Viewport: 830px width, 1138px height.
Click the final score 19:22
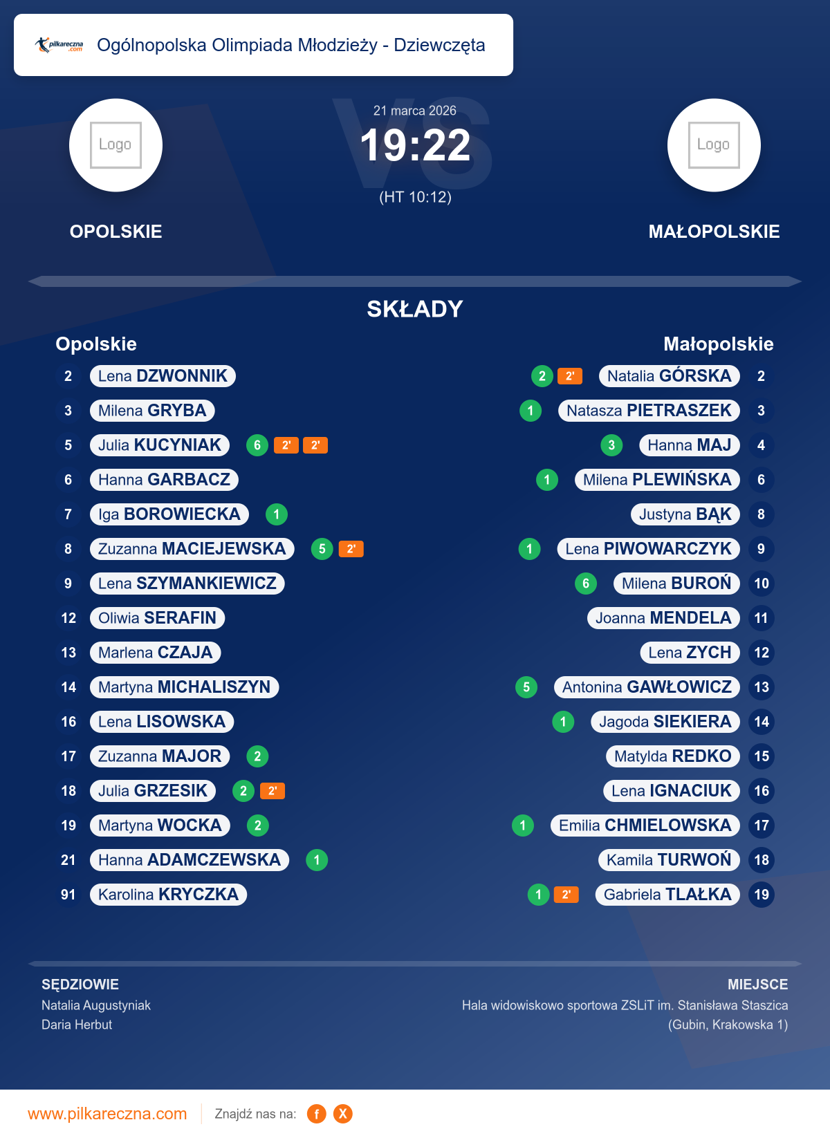415,146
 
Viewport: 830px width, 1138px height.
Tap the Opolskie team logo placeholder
116,145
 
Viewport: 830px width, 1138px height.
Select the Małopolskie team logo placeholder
714,145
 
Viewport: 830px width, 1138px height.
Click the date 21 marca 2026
415,111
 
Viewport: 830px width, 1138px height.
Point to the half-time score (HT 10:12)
415,197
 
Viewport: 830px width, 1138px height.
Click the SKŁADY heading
415,309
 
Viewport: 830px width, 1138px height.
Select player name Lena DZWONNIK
163,376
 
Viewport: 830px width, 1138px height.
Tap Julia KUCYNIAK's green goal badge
257,445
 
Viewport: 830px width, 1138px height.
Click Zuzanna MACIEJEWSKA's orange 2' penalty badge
351,549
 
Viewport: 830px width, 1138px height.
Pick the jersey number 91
68,895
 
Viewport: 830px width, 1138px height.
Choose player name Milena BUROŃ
676,584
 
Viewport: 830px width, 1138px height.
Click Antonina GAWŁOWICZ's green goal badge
526,687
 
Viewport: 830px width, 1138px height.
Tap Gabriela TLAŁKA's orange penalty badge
566,895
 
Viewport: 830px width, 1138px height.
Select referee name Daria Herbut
77,1025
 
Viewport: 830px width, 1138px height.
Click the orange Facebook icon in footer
317,1114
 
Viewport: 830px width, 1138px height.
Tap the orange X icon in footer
343,1114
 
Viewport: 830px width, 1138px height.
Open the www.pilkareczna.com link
107,1114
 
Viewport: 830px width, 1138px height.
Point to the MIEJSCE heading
757,985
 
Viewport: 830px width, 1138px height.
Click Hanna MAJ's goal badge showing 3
611,445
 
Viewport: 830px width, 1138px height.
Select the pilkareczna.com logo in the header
59,45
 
